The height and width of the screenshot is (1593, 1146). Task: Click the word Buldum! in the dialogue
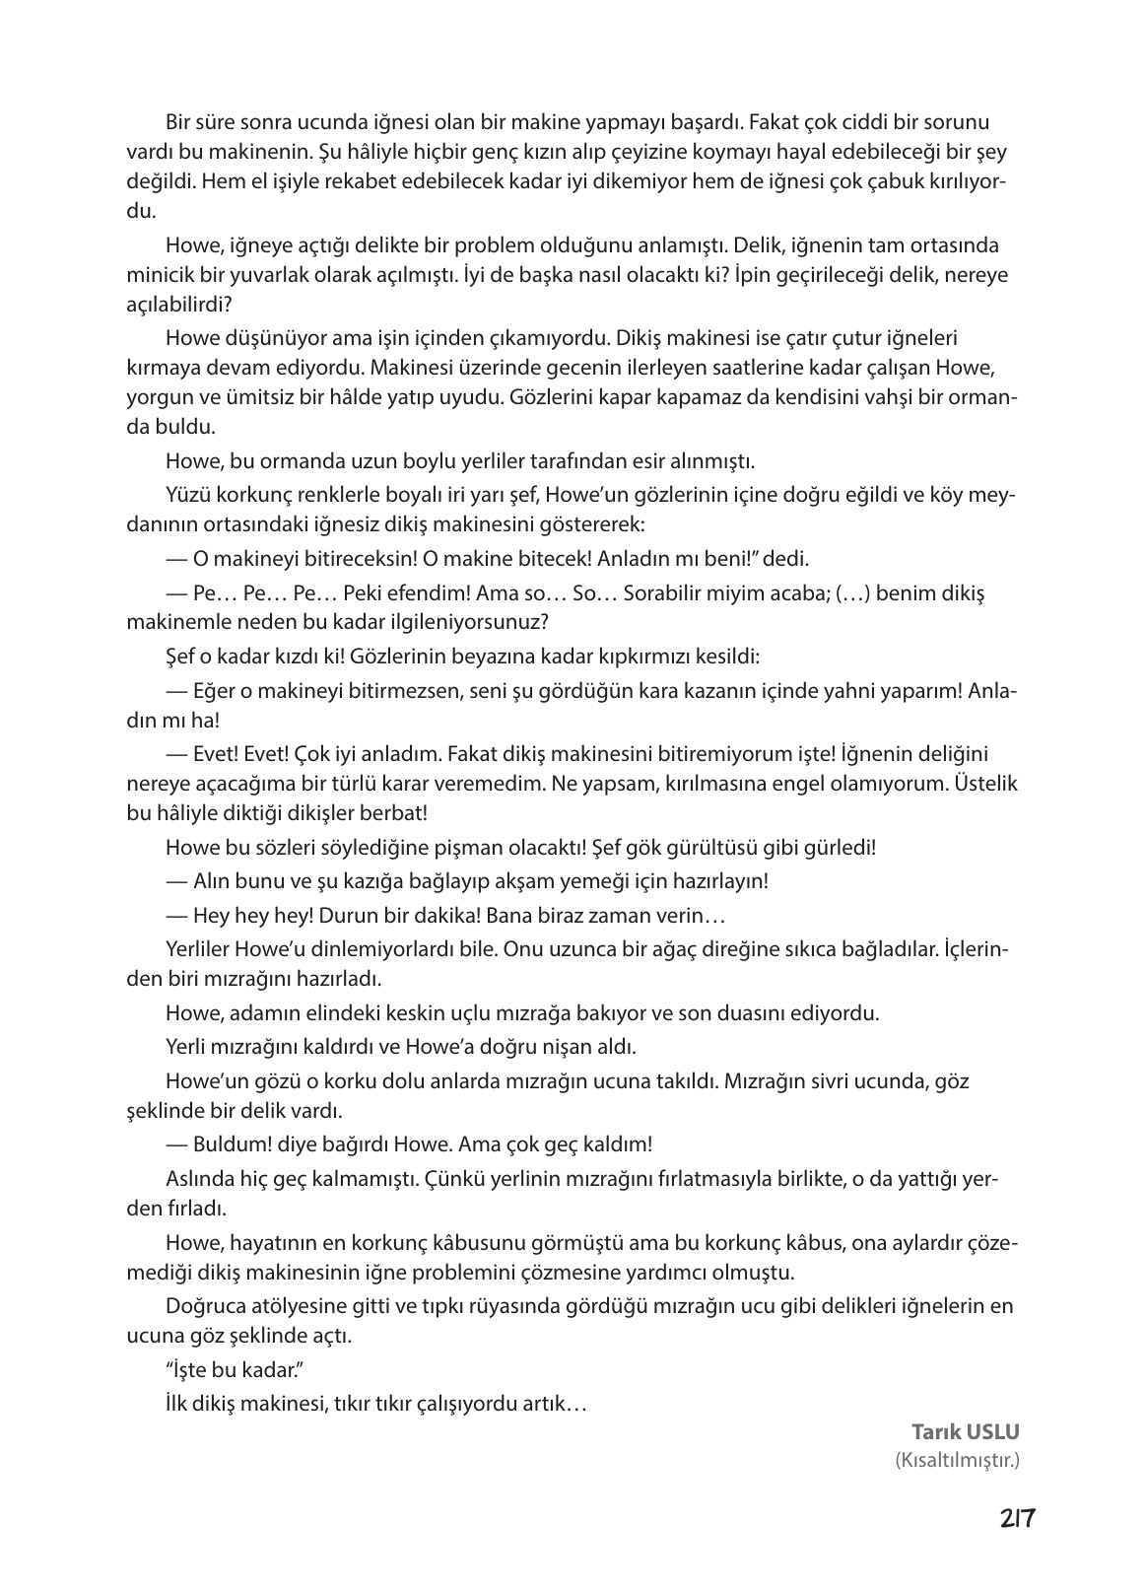227,1144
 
